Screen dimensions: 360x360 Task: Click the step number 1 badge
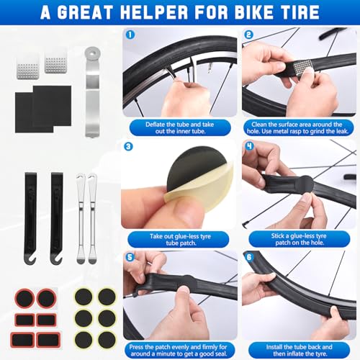point(130,35)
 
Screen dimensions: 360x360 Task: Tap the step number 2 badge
point(248,35)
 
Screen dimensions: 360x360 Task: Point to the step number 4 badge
point(248,147)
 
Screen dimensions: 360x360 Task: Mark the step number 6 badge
point(248,256)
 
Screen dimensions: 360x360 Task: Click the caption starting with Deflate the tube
point(180,128)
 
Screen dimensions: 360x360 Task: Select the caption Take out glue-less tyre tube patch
point(180,239)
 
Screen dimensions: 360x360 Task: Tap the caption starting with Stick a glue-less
point(299,239)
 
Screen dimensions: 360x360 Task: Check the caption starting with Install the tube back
point(299,348)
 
